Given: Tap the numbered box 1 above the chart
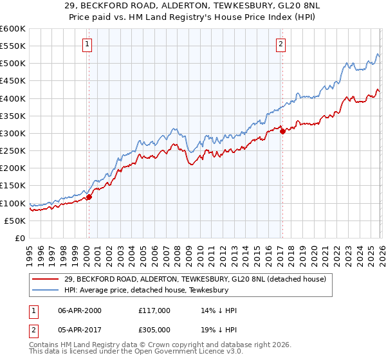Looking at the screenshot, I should [87, 44].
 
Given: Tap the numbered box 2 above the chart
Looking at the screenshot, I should [282, 44].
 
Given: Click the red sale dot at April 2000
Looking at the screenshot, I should [89, 197].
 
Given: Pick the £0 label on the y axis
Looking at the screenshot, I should [19, 239].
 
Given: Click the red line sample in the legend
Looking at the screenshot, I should [46, 279].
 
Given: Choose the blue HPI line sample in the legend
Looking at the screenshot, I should [46, 291].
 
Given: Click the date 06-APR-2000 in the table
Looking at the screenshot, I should [80, 311].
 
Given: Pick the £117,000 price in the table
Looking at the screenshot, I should [154, 311].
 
